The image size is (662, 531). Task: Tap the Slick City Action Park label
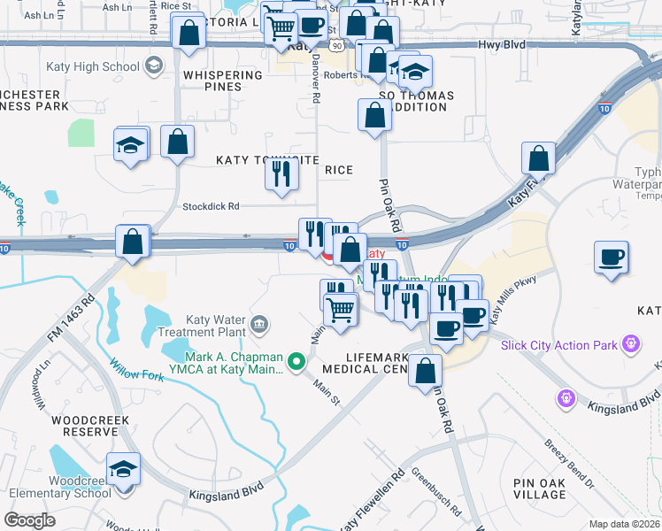point(559,344)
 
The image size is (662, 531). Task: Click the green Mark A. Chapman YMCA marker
point(297,361)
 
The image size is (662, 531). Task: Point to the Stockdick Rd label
point(211,207)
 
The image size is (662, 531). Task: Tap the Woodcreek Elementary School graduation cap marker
point(123,469)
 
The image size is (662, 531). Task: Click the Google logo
point(29,519)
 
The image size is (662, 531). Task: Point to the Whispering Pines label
point(223,81)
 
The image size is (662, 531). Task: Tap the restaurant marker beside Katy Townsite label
point(281,174)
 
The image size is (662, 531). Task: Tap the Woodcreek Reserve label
point(85,425)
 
